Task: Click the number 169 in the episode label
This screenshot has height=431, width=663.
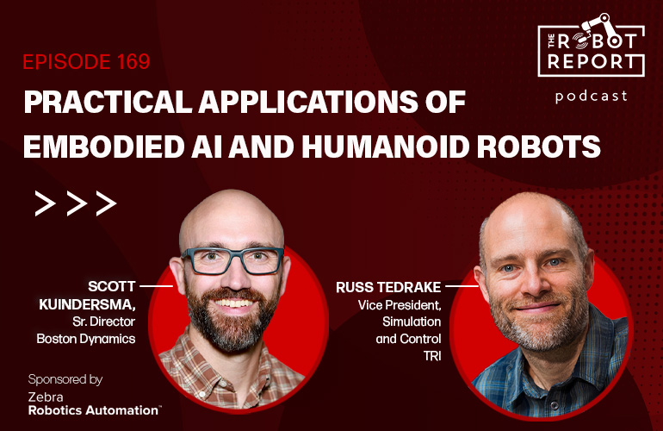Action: click(x=132, y=62)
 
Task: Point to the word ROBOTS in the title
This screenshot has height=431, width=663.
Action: click(x=545, y=144)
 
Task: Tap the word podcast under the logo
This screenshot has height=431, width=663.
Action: click(x=592, y=96)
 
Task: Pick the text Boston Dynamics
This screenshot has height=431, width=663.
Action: click(x=86, y=339)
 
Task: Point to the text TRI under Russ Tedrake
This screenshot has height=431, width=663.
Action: click(x=431, y=355)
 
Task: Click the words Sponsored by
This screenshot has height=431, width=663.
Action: click(x=65, y=378)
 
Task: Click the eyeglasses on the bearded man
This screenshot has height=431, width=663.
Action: click(x=232, y=259)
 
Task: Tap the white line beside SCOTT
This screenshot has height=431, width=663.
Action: click(x=156, y=284)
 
